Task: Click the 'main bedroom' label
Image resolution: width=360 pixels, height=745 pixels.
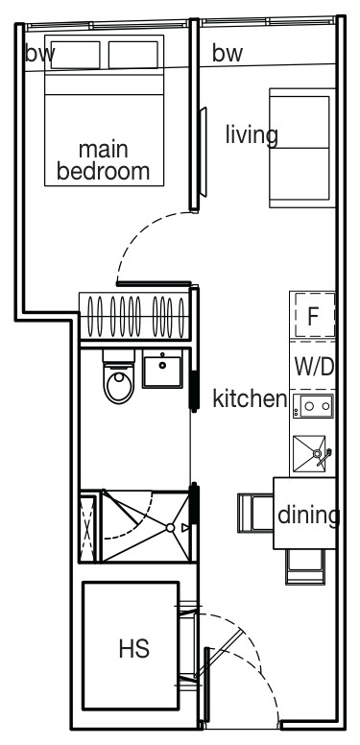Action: [x=103, y=160]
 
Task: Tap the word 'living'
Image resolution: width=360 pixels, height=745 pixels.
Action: [x=252, y=134]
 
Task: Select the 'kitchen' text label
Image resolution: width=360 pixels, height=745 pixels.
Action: [x=250, y=398]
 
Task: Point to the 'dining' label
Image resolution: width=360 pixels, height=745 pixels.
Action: [x=309, y=515]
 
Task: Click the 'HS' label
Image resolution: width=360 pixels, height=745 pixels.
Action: [x=134, y=649]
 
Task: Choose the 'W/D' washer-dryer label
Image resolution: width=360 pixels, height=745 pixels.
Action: [x=314, y=367]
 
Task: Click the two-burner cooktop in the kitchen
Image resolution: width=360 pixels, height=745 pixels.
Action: [x=313, y=406]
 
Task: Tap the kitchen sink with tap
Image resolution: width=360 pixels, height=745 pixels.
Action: [x=312, y=454]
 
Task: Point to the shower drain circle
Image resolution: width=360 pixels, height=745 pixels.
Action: [x=170, y=528]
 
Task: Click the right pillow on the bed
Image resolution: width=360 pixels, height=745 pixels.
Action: [x=133, y=55]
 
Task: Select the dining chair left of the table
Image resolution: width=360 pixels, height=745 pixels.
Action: [x=255, y=513]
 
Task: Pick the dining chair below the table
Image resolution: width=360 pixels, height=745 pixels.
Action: [x=305, y=566]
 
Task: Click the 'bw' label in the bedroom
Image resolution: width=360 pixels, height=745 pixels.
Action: [x=40, y=53]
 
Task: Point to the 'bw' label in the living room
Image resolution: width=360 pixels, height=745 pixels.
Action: [x=228, y=53]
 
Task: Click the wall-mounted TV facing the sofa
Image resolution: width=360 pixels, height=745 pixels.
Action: [x=203, y=152]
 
